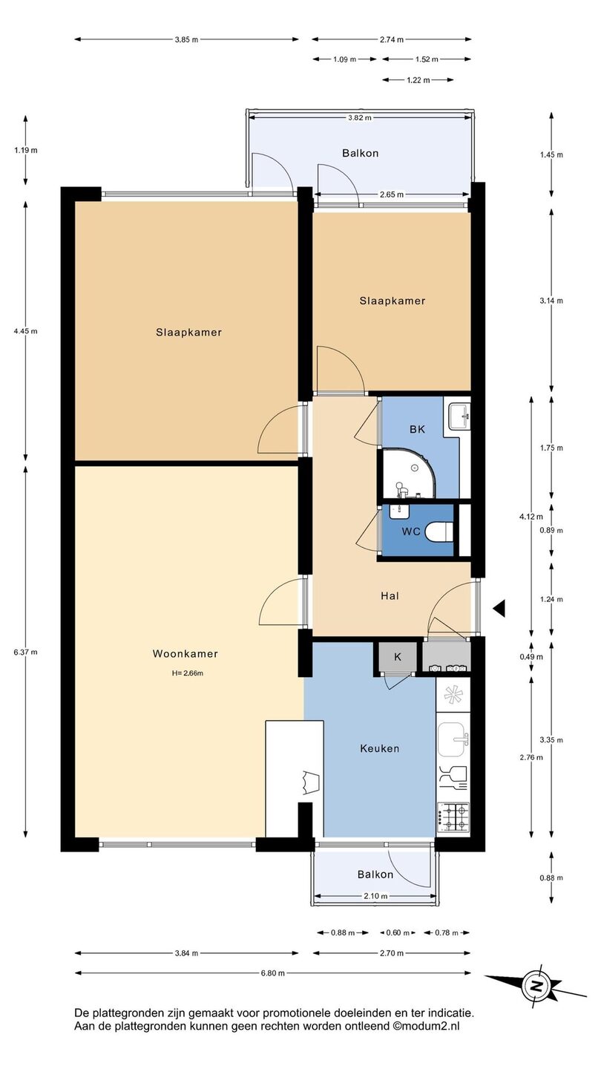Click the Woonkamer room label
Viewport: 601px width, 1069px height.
click(185, 654)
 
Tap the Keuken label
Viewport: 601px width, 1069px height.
click(380, 748)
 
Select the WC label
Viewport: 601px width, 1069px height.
click(411, 532)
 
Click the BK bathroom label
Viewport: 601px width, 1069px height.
click(417, 429)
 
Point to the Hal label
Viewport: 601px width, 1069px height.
click(390, 595)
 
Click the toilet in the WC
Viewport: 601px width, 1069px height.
click(439, 532)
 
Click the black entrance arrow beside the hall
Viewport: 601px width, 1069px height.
click(499, 609)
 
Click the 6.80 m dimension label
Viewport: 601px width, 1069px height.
click(272, 973)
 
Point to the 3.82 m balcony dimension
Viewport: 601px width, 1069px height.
click(360, 118)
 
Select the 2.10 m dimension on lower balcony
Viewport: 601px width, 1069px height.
click(375, 896)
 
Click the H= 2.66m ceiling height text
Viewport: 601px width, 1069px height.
click(188, 673)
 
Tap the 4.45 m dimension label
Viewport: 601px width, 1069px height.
click(26, 331)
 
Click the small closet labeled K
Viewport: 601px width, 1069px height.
click(398, 657)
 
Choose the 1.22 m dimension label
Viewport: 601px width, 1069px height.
click(418, 80)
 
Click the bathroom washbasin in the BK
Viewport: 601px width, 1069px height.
click(460, 415)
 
